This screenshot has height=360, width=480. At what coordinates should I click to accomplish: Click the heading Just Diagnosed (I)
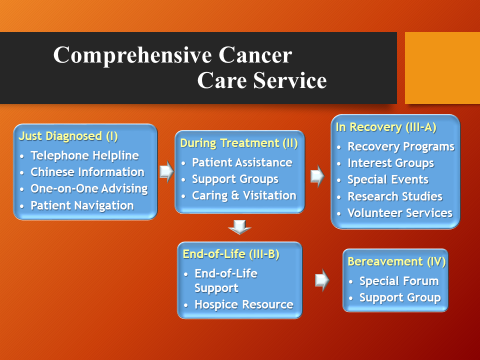pos(68,136)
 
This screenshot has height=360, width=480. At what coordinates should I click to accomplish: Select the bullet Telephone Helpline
pos(85,155)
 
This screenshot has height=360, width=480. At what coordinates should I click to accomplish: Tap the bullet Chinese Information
pos(87,172)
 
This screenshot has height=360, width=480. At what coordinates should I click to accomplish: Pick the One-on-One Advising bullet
pos(89,189)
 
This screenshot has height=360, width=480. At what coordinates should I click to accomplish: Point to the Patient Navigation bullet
pos(82,205)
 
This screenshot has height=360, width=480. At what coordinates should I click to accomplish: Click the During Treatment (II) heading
pos(239,143)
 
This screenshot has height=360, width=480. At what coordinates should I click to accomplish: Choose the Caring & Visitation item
pos(244,195)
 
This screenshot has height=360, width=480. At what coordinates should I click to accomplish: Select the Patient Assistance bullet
pos(242,162)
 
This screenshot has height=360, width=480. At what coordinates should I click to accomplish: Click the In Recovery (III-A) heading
pos(386,127)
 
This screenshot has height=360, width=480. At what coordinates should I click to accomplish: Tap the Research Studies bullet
pos(395,196)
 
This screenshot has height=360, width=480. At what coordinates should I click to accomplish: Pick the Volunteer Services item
pos(400,213)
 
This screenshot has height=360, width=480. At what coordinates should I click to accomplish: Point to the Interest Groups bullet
pos(391,163)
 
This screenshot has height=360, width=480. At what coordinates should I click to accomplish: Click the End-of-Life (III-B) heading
pos(231,254)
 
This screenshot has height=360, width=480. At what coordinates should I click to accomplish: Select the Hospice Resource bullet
pos(244,305)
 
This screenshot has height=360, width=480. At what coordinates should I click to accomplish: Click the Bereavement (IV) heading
pos(396,261)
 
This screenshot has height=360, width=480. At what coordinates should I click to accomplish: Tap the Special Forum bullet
pos(399,281)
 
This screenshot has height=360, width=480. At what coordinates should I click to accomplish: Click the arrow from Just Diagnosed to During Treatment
pos(167,171)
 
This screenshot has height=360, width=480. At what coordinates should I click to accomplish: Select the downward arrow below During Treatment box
pos(239,227)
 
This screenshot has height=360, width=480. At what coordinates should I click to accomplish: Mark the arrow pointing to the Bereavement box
pos(322,280)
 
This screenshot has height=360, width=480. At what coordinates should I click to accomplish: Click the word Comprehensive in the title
pos(132,55)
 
